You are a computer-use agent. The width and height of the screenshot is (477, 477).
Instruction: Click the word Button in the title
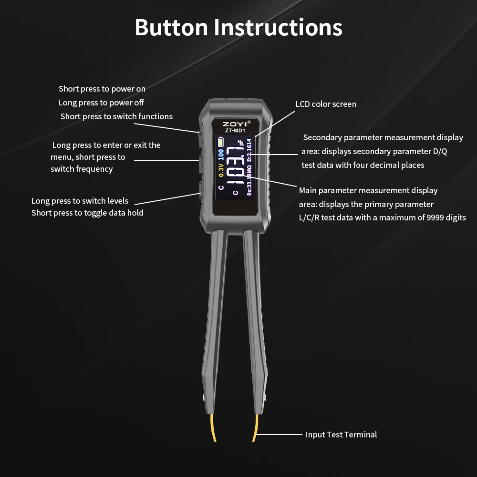click(171, 27)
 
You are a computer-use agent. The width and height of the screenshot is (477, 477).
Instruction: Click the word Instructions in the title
click(278, 27)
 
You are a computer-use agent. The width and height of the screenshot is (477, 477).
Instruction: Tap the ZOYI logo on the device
click(235, 124)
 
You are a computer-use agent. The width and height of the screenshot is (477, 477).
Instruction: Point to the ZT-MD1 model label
click(235, 131)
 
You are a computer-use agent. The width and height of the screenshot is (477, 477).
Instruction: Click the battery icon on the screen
click(220, 142)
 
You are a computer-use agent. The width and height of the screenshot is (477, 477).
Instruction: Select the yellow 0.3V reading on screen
click(221, 170)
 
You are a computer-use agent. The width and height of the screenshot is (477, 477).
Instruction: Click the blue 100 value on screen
click(221, 155)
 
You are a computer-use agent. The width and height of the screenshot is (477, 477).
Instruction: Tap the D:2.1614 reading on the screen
click(249, 150)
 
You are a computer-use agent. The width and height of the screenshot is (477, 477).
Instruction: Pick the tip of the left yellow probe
click(215, 441)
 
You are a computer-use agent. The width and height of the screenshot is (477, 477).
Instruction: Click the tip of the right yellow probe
click(253, 441)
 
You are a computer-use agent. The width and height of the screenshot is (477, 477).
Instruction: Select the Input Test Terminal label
click(341, 435)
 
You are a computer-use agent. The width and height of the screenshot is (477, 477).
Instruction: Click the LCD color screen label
click(326, 104)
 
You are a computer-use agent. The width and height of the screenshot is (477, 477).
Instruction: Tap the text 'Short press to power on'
click(102, 89)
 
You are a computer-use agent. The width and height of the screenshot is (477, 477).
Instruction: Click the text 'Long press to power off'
click(101, 103)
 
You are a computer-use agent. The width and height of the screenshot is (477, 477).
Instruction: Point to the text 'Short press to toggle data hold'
click(87, 213)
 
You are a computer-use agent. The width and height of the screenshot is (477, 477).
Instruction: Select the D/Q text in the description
click(440, 151)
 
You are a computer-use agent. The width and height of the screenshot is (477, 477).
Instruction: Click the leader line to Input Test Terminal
click(279, 435)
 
